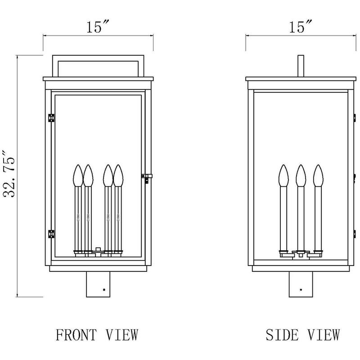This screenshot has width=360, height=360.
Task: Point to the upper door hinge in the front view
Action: [x=51, y=117]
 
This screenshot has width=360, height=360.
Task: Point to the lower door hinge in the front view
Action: [x=51, y=234]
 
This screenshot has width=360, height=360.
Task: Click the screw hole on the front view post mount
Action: [x=104, y=289]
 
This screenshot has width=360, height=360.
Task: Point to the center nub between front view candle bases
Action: [x=97, y=249]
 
